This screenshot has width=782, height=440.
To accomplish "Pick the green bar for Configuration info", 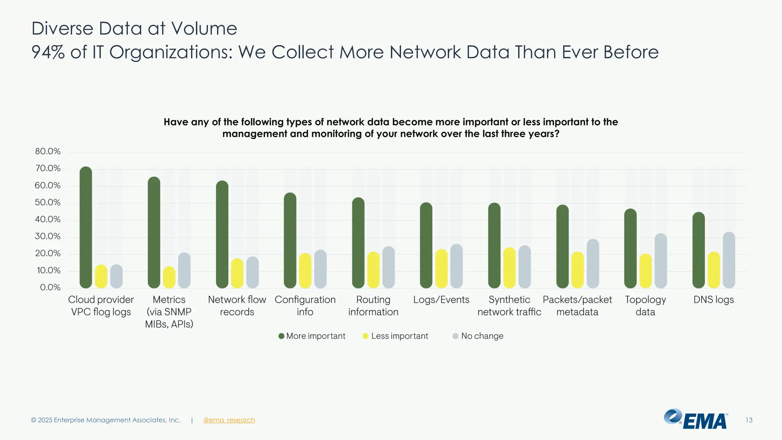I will tap(290, 240).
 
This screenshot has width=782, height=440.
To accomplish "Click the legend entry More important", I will tap(312, 336).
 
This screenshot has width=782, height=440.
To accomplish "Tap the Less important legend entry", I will tap(396, 336).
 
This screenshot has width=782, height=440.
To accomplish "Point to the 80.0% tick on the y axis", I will tap(48, 151).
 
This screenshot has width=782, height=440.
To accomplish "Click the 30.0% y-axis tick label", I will tap(48, 236).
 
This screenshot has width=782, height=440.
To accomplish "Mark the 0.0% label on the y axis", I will tap(50, 287).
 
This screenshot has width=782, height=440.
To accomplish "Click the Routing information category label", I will tap(373, 306).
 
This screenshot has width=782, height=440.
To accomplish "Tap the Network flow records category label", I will tap(237, 306).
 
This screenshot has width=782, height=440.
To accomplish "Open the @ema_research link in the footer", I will tap(229, 420).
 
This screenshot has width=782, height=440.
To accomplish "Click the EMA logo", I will tap(696, 419).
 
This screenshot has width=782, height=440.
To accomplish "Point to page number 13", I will tap(749, 420).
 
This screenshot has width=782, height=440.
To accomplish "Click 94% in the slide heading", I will tap(48, 52).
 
